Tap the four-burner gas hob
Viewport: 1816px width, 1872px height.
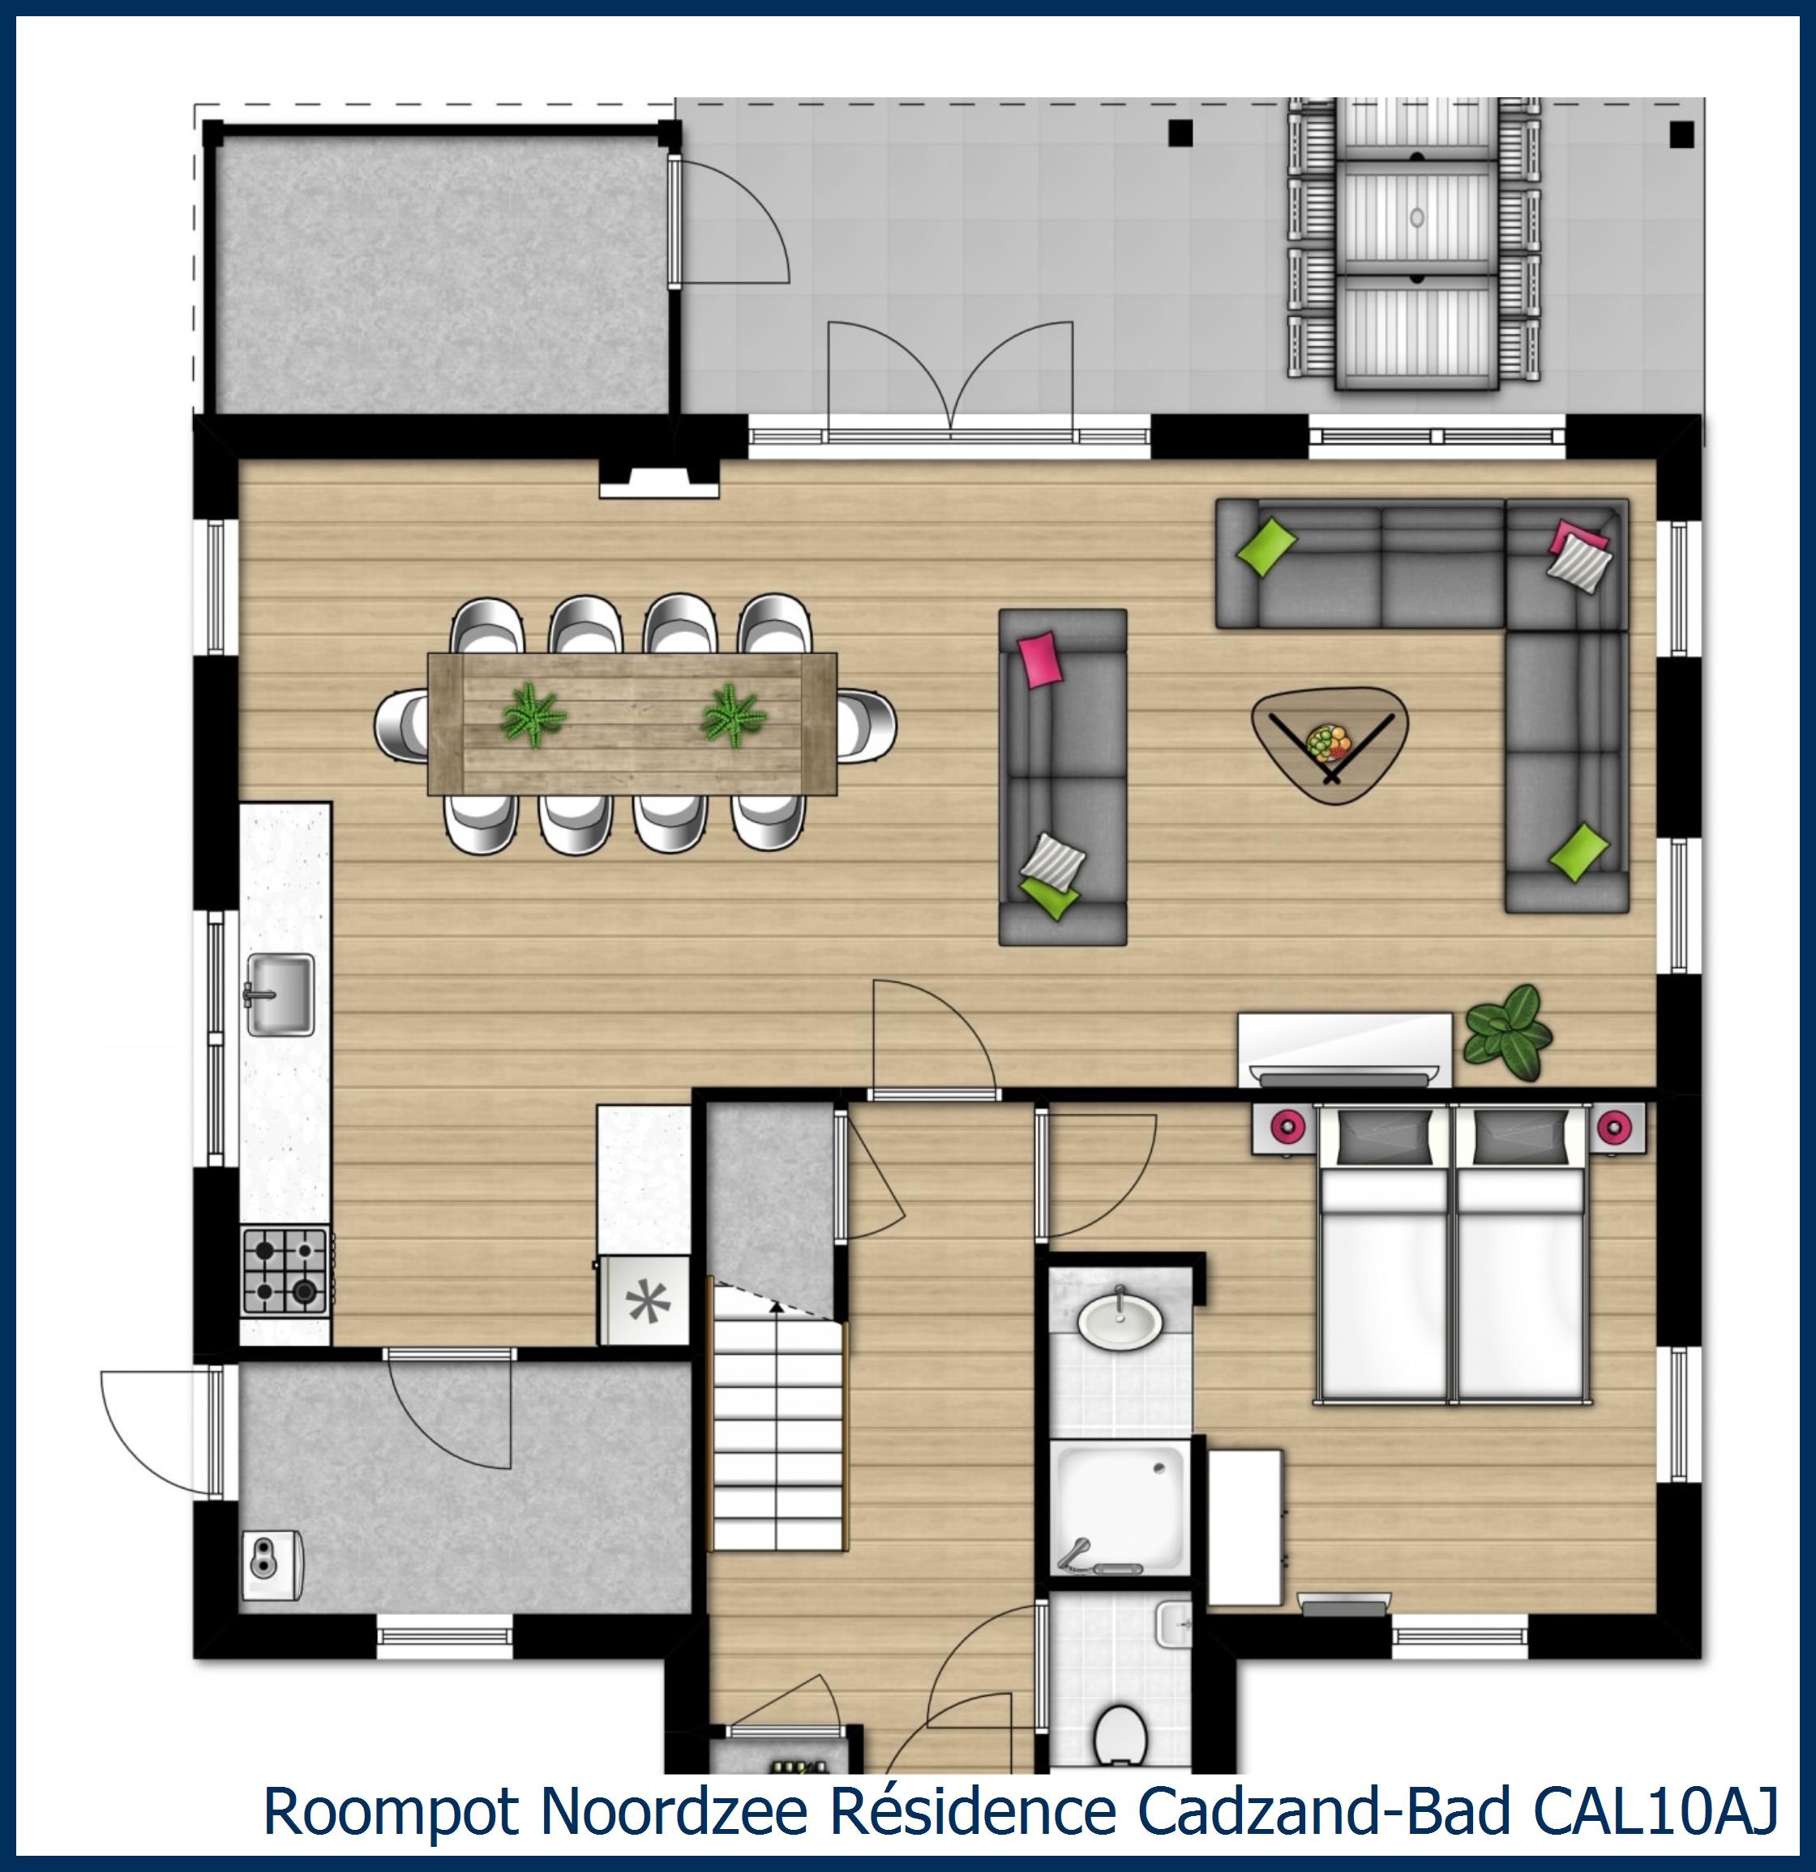[x=285, y=1271]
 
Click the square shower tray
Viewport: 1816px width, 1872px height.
[x=1120, y=1508]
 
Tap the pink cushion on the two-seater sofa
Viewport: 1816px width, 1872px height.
[x=1039, y=659]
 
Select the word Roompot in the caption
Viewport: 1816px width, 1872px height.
[x=391, y=1811]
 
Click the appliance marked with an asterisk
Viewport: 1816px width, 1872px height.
[x=643, y=1301]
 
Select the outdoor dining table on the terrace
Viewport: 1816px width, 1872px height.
[x=1416, y=246]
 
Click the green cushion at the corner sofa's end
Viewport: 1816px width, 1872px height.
[x=1577, y=852]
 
